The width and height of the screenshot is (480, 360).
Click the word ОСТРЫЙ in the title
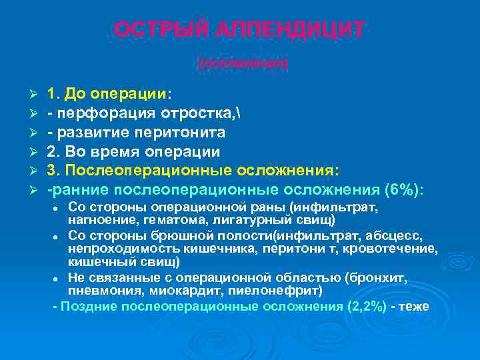click(x=158, y=30)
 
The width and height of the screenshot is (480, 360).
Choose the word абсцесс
click(x=395, y=235)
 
